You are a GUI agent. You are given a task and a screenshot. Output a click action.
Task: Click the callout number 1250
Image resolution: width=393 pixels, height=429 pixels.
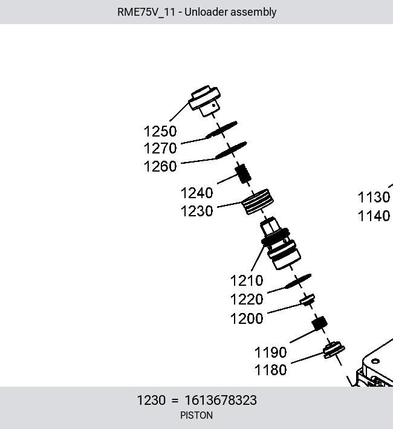click(x=160, y=131)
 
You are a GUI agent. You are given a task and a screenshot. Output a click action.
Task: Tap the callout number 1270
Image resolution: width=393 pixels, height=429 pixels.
click(x=160, y=148)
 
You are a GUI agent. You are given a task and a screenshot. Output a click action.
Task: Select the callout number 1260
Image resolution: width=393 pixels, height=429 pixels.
click(x=160, y=166)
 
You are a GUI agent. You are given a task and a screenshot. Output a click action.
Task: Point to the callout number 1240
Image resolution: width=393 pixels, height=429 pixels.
click(x=197, y=193)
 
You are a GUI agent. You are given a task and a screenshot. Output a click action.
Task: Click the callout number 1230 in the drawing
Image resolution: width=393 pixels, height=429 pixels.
click(x=197, y=211)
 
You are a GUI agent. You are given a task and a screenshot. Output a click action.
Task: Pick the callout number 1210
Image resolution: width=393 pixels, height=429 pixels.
click(x=247, y=281)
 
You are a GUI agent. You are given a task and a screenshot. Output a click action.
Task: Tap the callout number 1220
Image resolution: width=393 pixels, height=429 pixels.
click(x=247, y=299)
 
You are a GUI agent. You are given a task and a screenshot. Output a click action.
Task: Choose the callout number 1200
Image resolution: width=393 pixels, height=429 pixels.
click(x=247, y=319)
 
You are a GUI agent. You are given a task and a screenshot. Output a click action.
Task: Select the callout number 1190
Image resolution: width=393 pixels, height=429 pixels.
click(x=271, y=352)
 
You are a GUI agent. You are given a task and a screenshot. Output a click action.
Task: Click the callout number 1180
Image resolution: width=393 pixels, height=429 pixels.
click(x=271, y=370)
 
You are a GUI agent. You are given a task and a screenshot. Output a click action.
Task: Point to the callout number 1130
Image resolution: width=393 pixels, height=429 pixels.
click(x=374, y=197)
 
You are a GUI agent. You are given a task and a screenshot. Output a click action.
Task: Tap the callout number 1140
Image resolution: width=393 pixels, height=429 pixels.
click(x=374, y=216)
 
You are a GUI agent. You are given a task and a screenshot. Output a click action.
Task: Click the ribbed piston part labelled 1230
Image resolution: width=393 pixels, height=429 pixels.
click(x=258, y=202)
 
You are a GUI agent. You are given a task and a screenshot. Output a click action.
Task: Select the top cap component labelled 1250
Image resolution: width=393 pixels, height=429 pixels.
click(x=206, y=101)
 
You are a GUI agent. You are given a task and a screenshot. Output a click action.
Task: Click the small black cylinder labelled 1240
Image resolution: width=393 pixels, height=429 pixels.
click(x=243, y=174)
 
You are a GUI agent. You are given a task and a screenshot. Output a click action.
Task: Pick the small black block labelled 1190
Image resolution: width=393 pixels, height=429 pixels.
click(x=320, y=324)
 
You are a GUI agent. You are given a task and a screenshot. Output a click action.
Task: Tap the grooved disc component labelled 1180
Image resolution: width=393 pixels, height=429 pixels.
click(x=334, y=350)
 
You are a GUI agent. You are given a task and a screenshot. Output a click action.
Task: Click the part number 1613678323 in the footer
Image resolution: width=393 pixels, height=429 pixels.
click(x=221, y=400)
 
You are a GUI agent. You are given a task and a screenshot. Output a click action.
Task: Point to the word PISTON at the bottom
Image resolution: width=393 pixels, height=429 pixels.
click(x=197, y=416)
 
